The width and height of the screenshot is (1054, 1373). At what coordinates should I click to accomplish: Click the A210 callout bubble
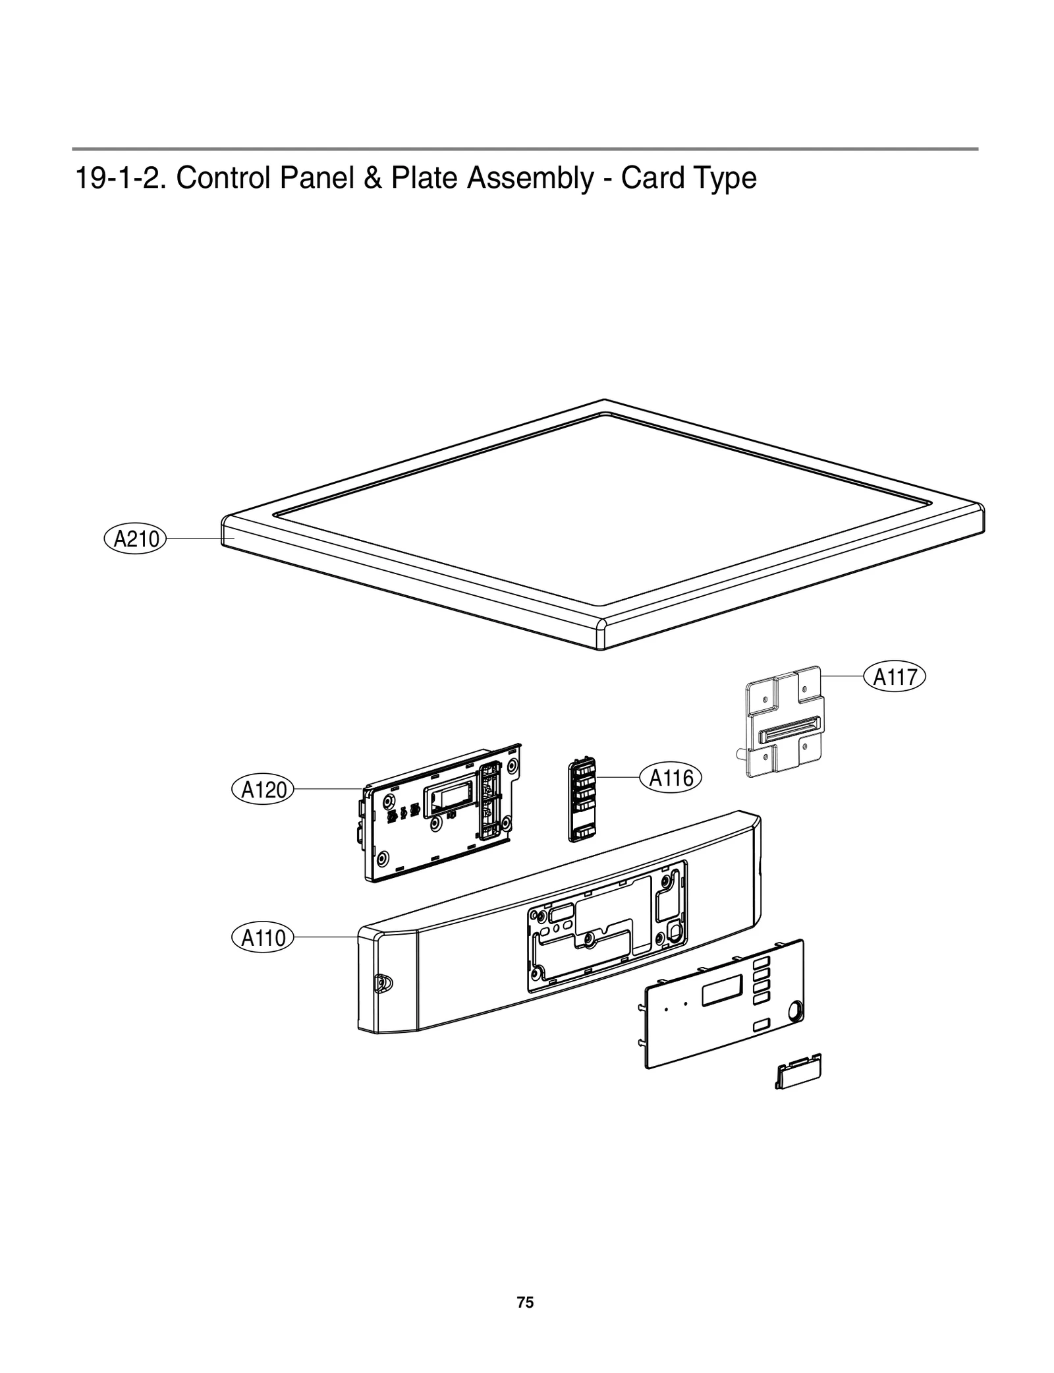[x=136, y=539]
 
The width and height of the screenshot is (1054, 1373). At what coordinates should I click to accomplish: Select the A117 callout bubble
[x=895, y=677]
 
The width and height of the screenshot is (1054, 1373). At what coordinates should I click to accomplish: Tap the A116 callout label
[x=671, y=778]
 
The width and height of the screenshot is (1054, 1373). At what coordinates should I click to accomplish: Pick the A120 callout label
[x=263, y=790]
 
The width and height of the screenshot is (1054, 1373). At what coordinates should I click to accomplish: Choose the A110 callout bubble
[x=263, y=937]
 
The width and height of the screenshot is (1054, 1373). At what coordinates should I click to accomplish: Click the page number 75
[x=525, y=1302]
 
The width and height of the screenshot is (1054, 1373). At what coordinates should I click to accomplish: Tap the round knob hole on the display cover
[x=794, y=1009]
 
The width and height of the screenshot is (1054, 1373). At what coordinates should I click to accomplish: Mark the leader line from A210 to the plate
[x=198, y=539]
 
